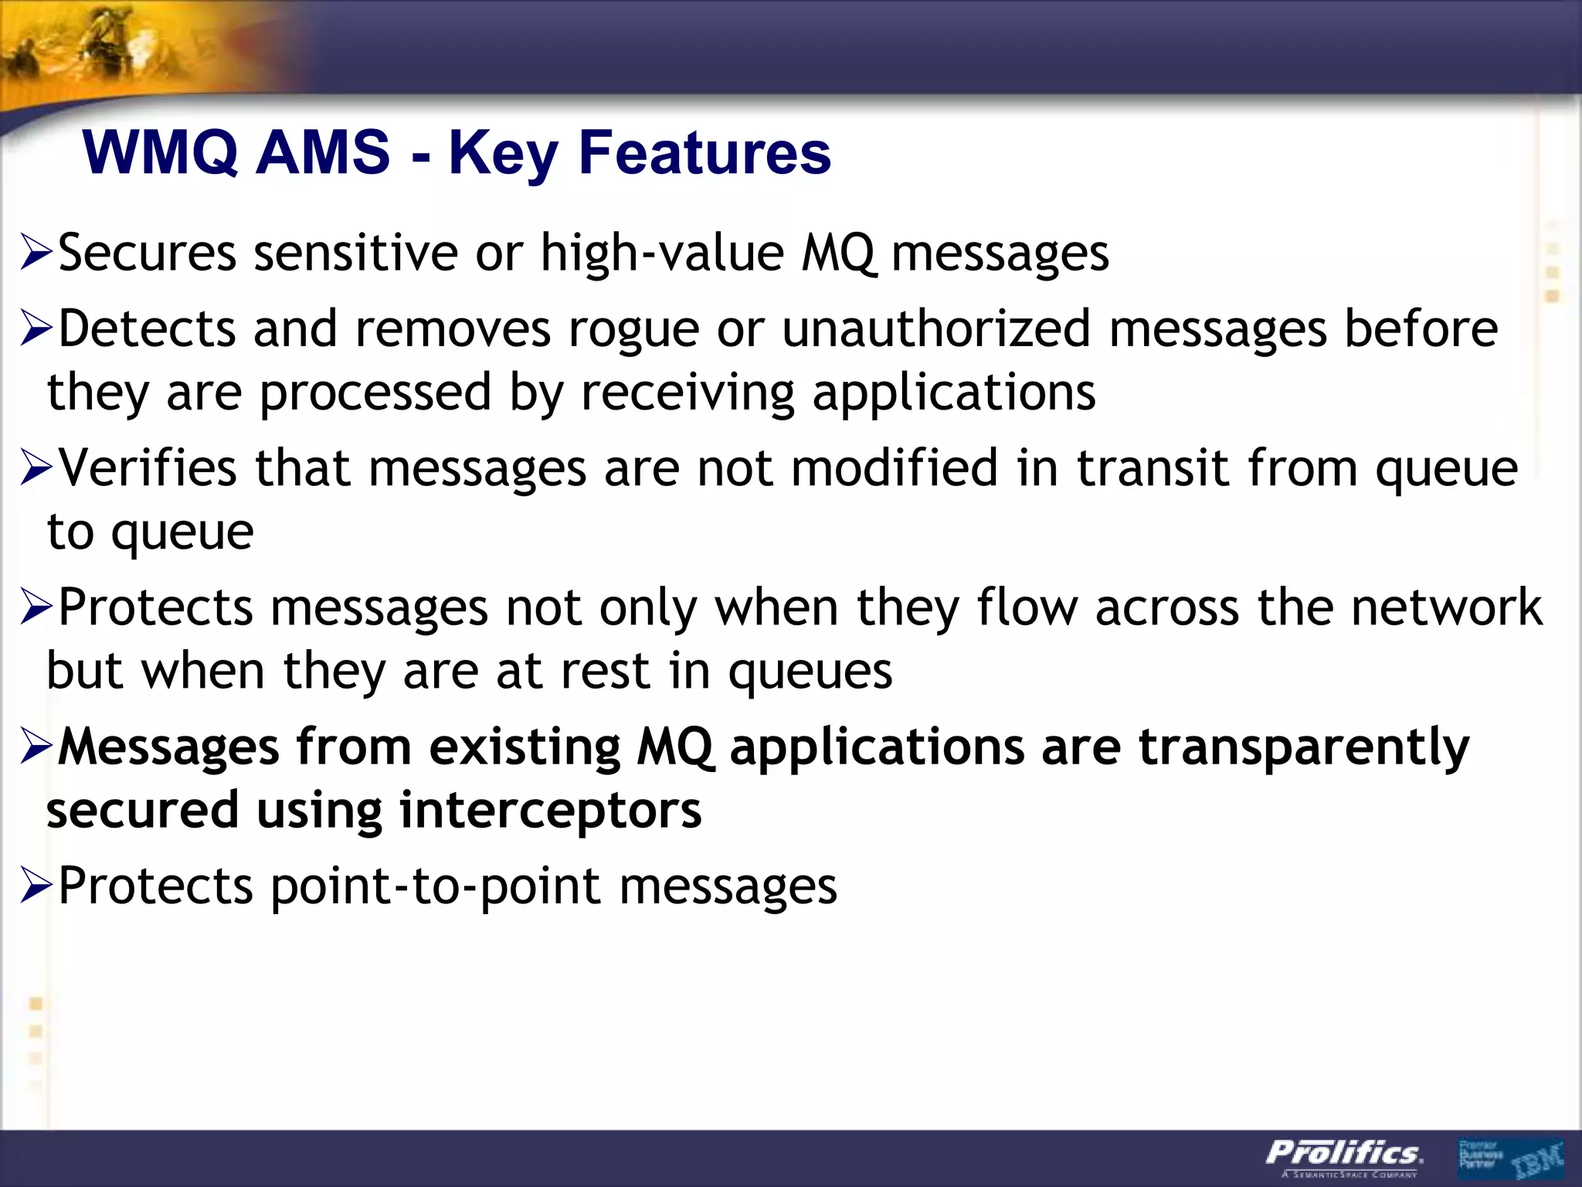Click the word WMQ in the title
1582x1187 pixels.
pyautogui.click(x=161, y=153)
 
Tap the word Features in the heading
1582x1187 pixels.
pyautogui.click(x=704, y=153)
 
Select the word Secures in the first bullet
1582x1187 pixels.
pyautogui.click(x=147, y=253)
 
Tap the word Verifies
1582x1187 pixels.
pyautogui.click(x=147, y=468)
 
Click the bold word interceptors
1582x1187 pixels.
pyautogui.click(x=550, y=810)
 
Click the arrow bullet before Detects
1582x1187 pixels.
pyautogui.click(x=36, y=329)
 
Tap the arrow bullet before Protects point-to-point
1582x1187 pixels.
pyautogui.click(x=36, y=886)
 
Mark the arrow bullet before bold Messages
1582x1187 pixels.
pyautogui.click(x=36, y=747)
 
